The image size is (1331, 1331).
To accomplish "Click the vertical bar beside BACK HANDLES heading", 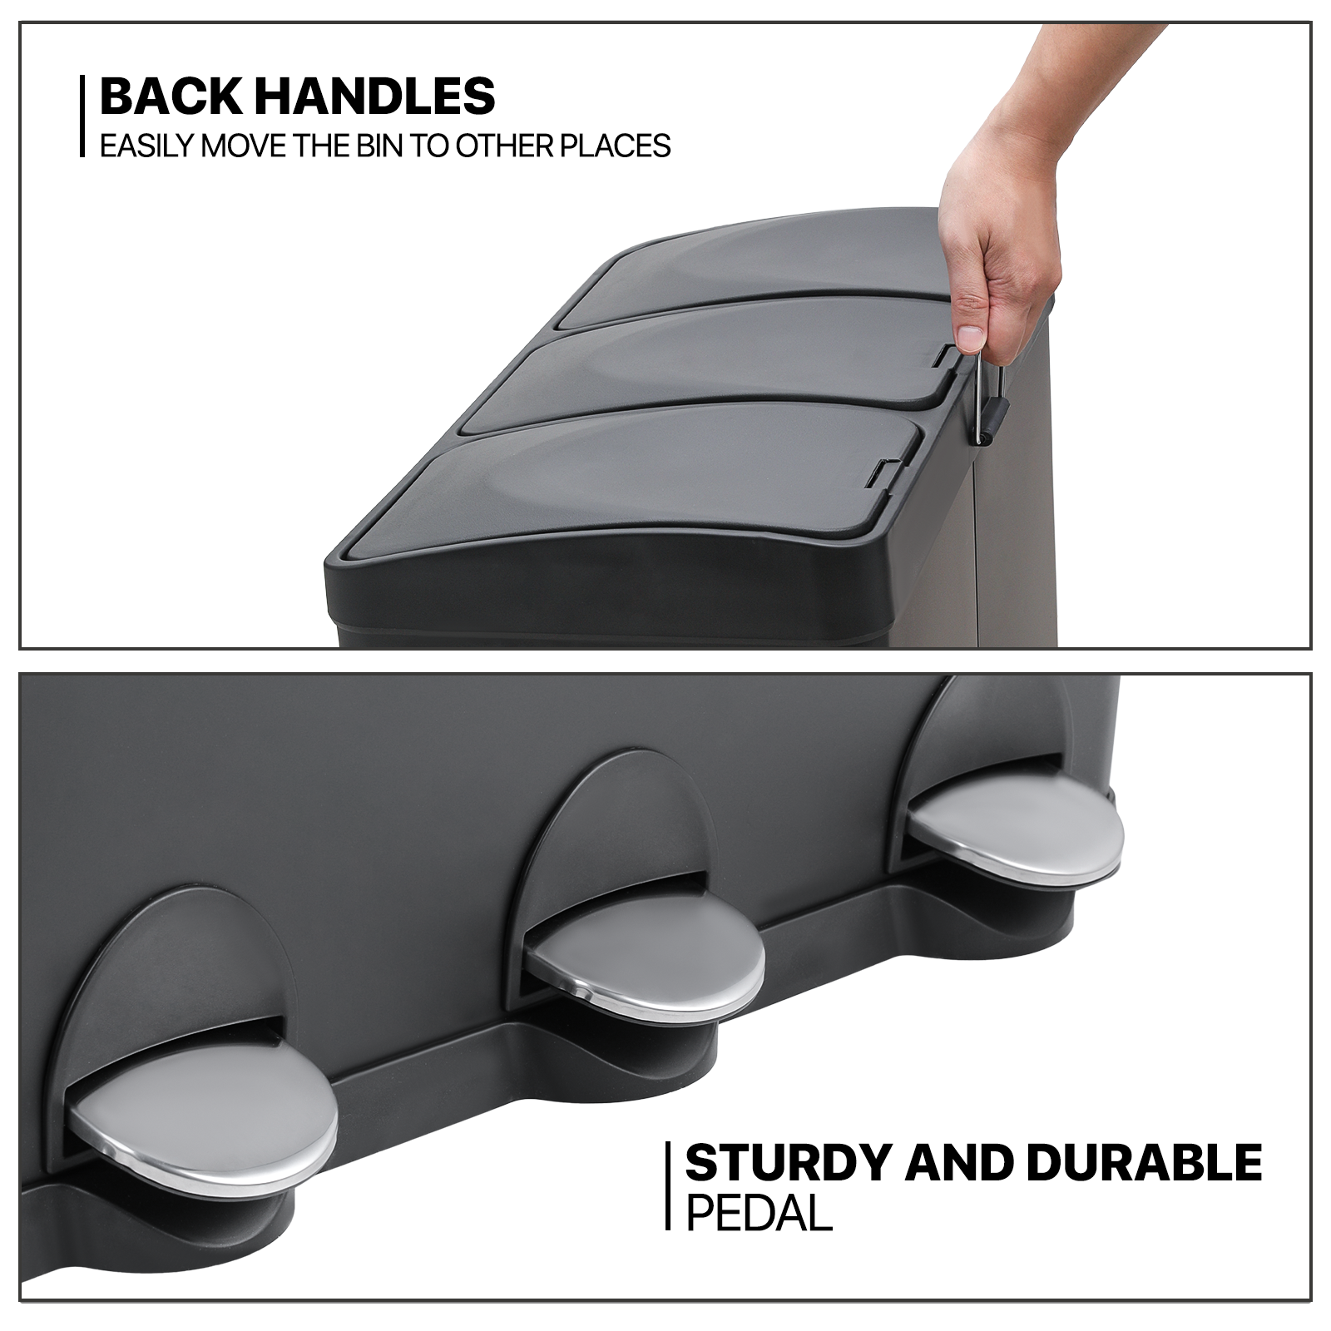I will pyautogui.click(x=83, y=116).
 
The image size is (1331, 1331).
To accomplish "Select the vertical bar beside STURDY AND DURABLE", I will pyautogui.click(x=668, y=1185).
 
